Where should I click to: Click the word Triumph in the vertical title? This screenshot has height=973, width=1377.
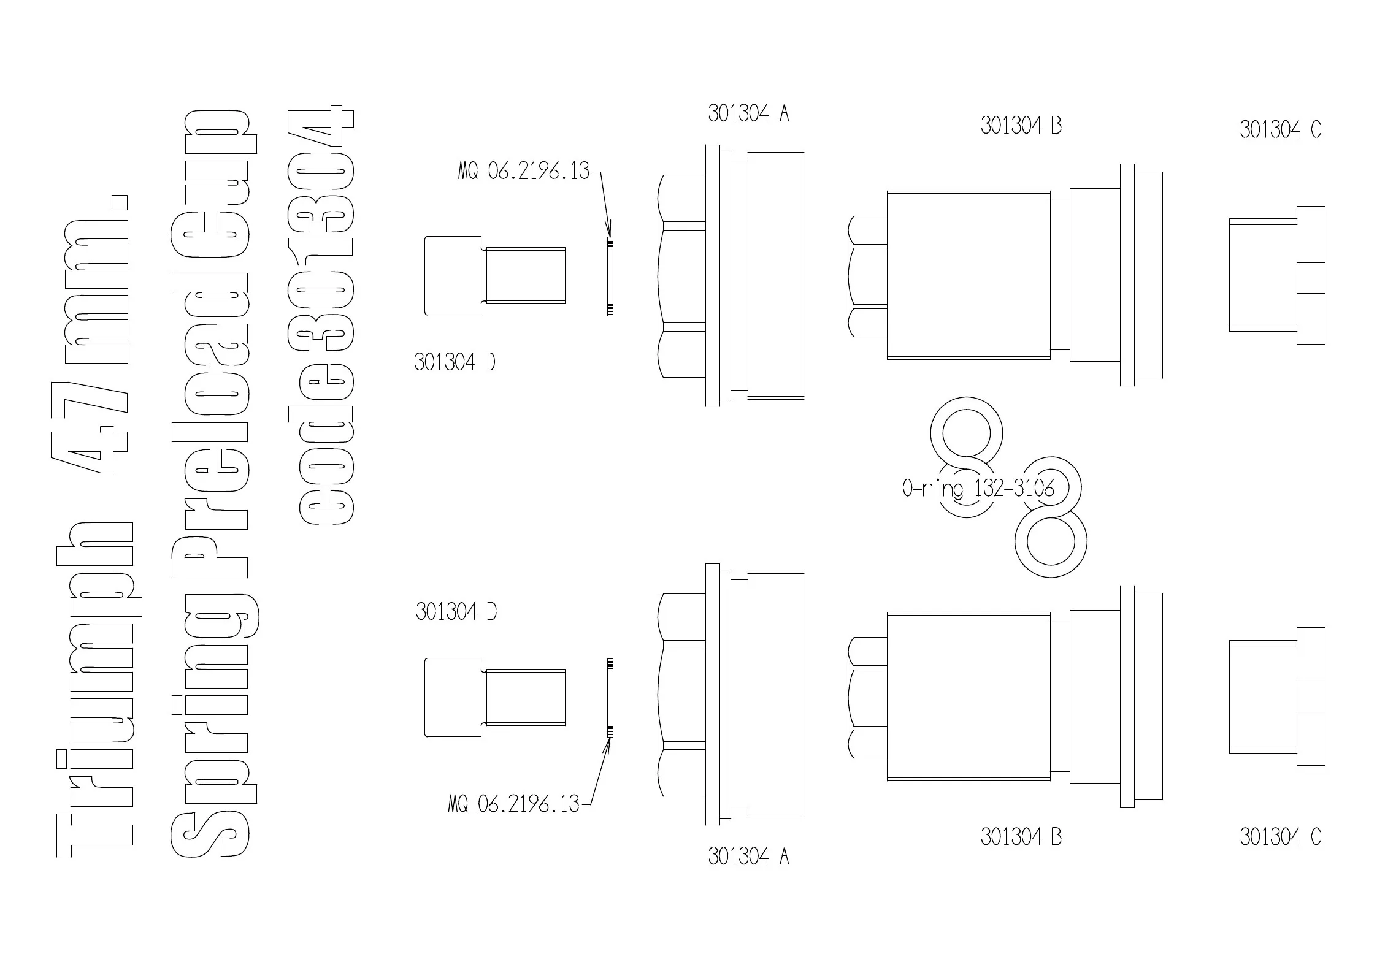tap(95, 690)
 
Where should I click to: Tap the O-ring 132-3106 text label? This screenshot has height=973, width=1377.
tap(978, 489)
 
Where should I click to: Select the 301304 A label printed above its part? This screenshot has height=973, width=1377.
tap(748, 113)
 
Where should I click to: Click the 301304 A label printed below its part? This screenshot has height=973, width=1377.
tap(748, 857)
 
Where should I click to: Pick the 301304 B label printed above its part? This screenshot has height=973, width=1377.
tap(1021, 126)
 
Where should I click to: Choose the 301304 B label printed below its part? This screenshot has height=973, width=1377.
tap(1021, 837)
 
